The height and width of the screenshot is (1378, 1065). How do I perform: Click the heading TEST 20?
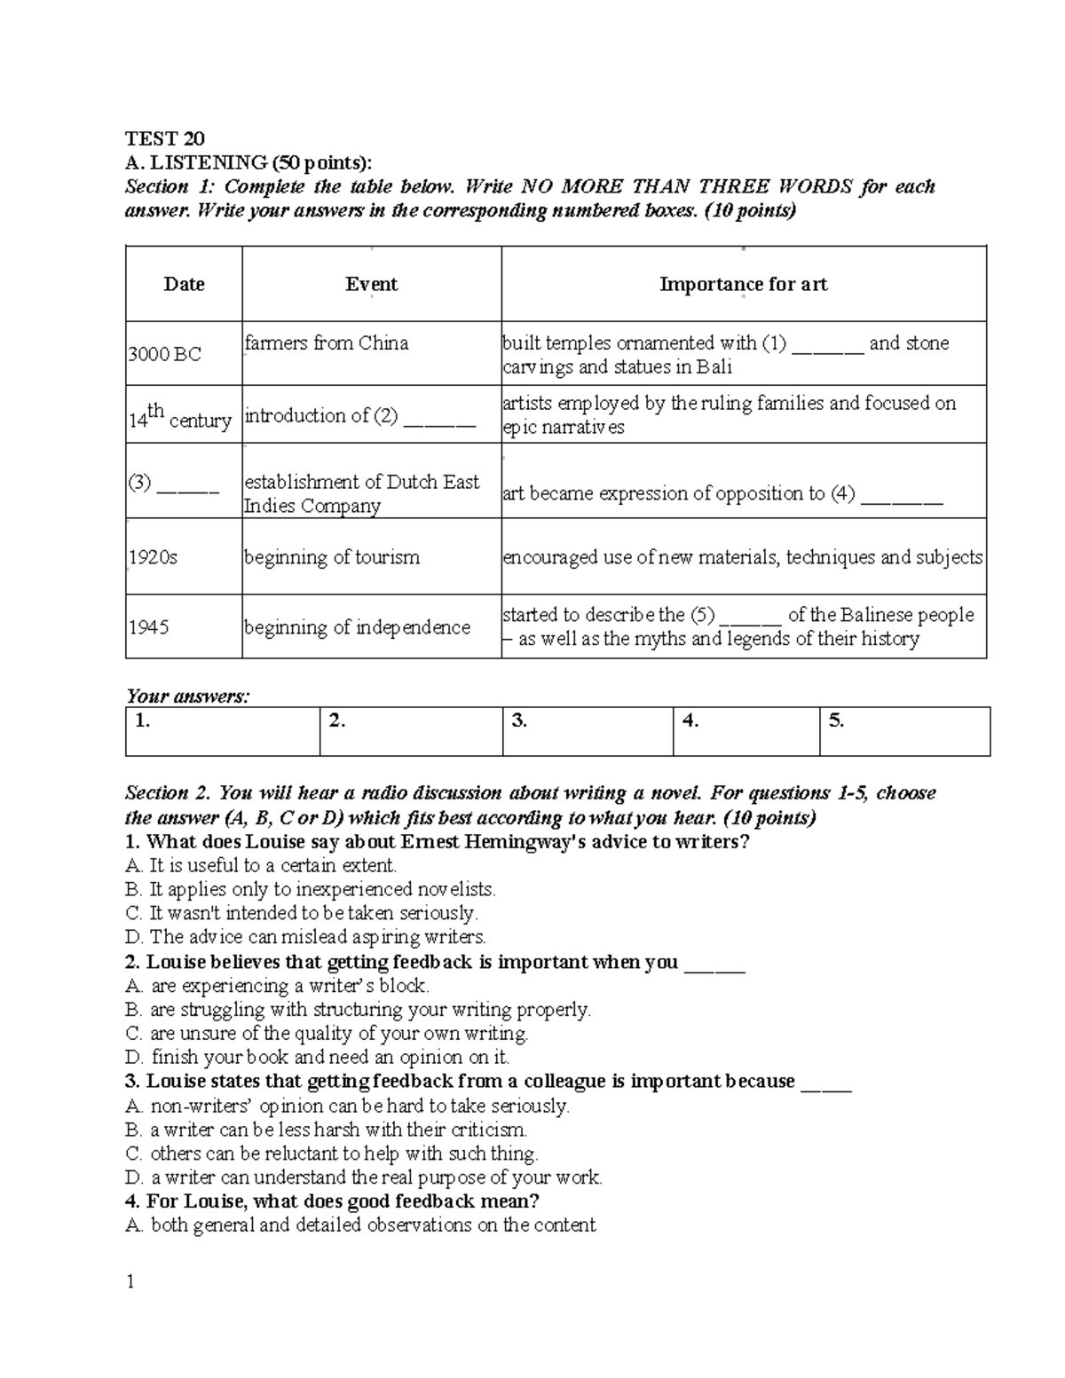(165, 138)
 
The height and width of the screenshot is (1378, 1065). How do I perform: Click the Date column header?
(184, 284)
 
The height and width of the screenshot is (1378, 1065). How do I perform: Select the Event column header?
(371, 284)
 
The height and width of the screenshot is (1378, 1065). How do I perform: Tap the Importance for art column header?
(743, 284)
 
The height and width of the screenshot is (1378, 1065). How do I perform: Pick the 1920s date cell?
(154, 557)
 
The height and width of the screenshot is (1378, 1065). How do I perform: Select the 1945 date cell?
(149, 627)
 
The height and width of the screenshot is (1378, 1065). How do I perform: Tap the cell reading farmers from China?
(327, 343)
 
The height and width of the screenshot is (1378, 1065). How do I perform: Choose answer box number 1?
(222, 731)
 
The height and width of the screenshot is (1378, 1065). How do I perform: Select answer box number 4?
(745, 731)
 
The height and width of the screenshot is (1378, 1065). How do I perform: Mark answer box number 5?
(903, 731)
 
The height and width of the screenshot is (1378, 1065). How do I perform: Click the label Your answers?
(187, 697)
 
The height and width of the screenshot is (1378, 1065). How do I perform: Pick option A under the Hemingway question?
(261, 865)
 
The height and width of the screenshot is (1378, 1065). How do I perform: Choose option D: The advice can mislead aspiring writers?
(306, 937)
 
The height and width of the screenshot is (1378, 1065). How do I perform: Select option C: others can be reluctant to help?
(332, 1154)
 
